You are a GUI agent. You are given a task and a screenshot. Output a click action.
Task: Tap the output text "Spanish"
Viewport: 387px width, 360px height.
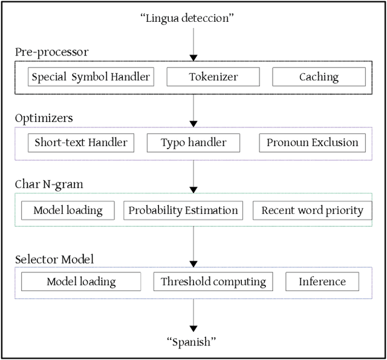(192, 342)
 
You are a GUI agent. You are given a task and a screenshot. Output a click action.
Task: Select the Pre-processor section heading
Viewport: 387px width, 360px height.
(51, 52)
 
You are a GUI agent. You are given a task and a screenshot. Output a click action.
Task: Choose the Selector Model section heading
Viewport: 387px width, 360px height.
(54, 260)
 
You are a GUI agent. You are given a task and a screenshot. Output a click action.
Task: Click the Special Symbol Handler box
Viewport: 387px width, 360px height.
(91, 77)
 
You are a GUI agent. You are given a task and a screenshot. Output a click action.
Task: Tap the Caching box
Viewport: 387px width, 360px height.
(319, 77)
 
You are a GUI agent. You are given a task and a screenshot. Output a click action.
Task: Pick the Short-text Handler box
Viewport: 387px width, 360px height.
(81, 143)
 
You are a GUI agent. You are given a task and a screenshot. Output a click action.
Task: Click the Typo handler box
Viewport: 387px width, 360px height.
(193, 143)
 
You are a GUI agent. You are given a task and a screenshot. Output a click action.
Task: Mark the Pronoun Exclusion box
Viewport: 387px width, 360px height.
(312, 143)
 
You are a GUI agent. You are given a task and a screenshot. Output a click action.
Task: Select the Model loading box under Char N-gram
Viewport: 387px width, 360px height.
(68, 211)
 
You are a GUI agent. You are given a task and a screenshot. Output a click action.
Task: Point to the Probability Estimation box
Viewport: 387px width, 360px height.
(183, 211)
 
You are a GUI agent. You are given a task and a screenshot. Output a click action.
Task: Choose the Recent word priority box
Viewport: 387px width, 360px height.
(311, 211)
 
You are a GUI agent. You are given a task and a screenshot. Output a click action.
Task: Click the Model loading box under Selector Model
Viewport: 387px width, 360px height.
(81, 281)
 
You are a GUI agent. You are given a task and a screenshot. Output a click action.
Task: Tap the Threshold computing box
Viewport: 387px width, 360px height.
(213, 281)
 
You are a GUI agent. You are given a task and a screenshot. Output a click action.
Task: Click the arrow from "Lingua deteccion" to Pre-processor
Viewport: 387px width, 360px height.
(193, 42)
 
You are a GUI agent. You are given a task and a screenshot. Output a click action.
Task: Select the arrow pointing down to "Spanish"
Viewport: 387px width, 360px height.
(193, 314)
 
